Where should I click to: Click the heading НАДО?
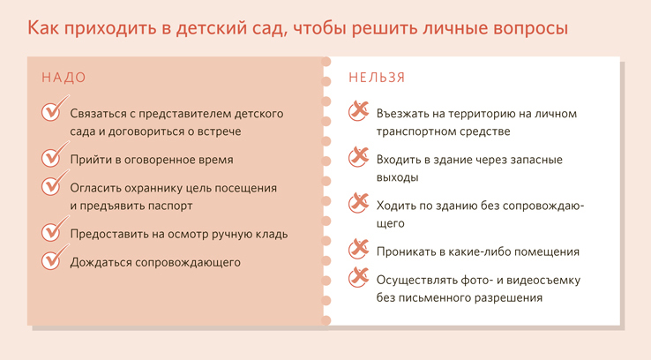pyautogui.click(x=64, y=78)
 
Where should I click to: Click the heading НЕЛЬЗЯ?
pyautogui.click(x=377, y=78)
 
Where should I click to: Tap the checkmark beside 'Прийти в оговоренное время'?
pyautogui.click(x=55, y=154)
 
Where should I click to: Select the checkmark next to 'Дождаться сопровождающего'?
pyautogui.click(x=55, y=257)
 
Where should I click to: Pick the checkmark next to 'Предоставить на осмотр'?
pyautogui.click(x=55, y=229)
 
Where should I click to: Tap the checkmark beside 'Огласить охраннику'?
pyautogui.click(x=55, y=183)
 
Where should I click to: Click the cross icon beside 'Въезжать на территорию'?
pyautogui.click(x=359, y=111)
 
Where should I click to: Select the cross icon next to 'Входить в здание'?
pyautogui.click(x=359, y=157)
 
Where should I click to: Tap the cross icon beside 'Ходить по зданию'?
pyautogui.click(x=359, y=203)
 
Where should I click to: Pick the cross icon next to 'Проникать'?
pyautogui.click(x=359, y=249)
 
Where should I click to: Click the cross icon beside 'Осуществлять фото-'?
pyautogui.click(x=359, y=277)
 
